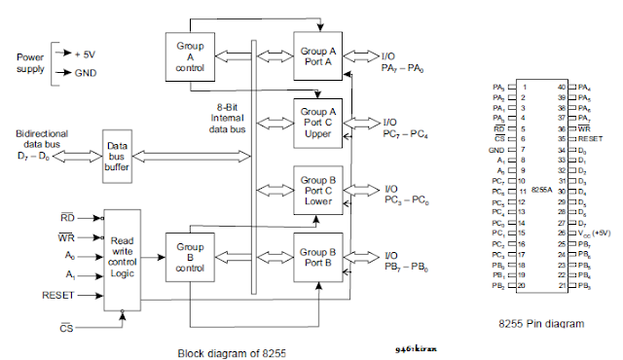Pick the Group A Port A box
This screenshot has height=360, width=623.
tap(318, 54)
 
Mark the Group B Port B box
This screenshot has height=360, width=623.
tap(318, 256)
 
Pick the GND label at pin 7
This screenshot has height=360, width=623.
tap(497, 150)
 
